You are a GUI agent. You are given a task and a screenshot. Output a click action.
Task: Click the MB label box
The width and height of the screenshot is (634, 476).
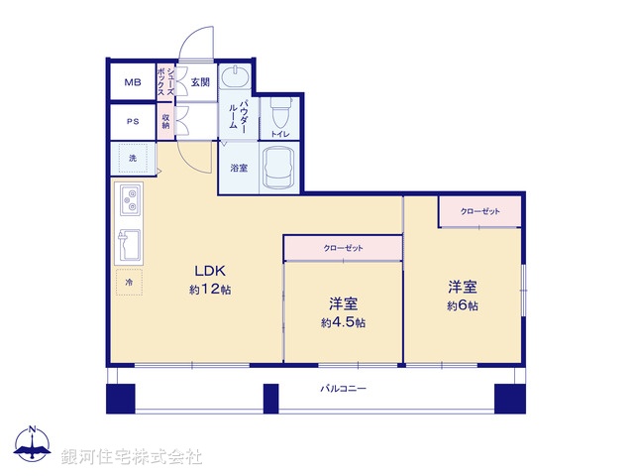tap(132, 82)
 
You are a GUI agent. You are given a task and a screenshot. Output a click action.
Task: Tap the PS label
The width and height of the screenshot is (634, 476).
tap(132, 123)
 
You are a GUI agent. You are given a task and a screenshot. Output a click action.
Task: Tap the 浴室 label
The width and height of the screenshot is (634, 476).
tap(239, 168)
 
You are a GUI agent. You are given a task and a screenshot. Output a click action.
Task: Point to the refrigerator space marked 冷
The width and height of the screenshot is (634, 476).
tap(129, 284)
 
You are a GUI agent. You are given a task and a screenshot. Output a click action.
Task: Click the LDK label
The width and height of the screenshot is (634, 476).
tap(210, 271)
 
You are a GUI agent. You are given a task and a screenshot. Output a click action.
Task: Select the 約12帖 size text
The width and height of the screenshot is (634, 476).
tap(210, 290)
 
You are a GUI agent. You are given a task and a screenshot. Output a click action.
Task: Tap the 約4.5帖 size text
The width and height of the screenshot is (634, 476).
tap(343, 322)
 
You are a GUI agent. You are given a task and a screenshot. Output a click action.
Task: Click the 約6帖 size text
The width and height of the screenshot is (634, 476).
tap(463, 306)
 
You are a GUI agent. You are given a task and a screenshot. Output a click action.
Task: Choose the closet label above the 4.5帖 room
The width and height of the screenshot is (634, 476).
tap(343, 248)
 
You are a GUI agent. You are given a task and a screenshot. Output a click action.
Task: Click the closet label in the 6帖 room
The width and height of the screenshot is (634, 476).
tap(479, 211)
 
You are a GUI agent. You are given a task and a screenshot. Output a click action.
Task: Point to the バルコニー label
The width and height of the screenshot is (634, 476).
tap(343, 389)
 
